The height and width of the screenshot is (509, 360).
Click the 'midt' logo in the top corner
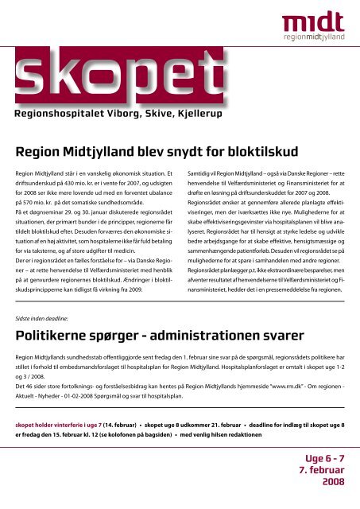317,21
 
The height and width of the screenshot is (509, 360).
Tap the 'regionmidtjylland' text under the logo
317,38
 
